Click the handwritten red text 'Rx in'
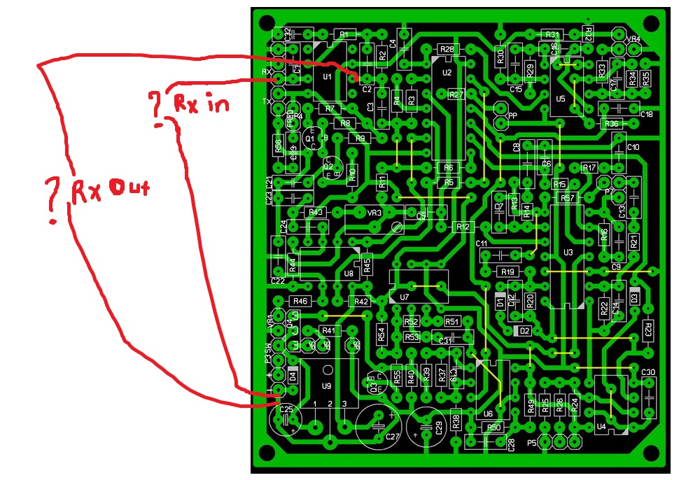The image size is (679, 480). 201,104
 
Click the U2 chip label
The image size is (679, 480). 447,72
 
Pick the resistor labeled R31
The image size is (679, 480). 552,34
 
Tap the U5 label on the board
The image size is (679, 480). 560,99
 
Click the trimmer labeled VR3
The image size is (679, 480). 375,212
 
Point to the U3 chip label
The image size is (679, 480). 568,252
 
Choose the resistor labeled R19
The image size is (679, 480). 507,271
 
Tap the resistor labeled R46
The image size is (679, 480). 300,301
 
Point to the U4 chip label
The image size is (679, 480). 601,426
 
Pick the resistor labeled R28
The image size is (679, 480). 447,49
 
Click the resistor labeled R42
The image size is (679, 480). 361,302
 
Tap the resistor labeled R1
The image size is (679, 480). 343,34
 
